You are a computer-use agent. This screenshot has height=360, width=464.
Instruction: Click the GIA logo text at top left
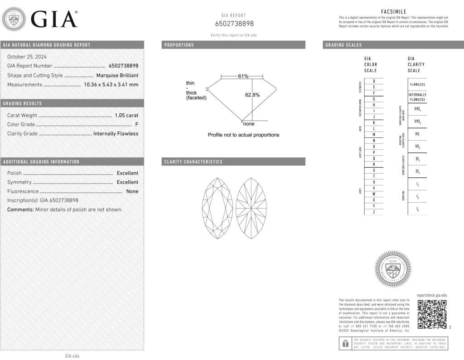coord(53,19)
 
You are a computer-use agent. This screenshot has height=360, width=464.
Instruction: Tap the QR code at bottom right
coord(432,314)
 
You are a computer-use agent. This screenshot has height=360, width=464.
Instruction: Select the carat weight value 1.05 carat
coord(126,116)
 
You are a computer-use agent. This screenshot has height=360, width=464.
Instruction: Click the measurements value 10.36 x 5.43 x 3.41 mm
coord(111,85)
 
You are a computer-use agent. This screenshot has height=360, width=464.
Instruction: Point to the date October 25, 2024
coord(27,57)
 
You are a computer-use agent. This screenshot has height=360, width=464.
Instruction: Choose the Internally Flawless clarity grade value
coord(116,134)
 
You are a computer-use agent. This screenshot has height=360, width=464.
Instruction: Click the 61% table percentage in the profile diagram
coord(243,76)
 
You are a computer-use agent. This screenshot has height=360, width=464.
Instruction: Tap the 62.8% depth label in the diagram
coord(252,95)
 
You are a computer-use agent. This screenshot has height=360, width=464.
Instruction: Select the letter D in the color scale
coord(373,81)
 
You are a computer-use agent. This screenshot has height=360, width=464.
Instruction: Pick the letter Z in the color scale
coord(373,212)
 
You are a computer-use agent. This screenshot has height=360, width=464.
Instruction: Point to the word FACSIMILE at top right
coord(393,12)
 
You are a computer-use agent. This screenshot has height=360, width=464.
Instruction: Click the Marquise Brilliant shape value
coord(117,76)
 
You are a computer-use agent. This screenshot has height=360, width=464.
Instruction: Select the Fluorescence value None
coord(132,191)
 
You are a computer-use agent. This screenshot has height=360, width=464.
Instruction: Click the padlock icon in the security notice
coord(345,343)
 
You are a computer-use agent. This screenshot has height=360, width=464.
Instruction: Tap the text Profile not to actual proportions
coord(243,135)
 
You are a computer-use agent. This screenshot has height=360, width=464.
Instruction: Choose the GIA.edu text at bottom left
coord(72,356)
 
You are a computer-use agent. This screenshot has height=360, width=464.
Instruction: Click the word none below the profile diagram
coord(249,124)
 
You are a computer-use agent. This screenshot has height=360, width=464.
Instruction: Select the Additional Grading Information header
coord(41,162)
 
